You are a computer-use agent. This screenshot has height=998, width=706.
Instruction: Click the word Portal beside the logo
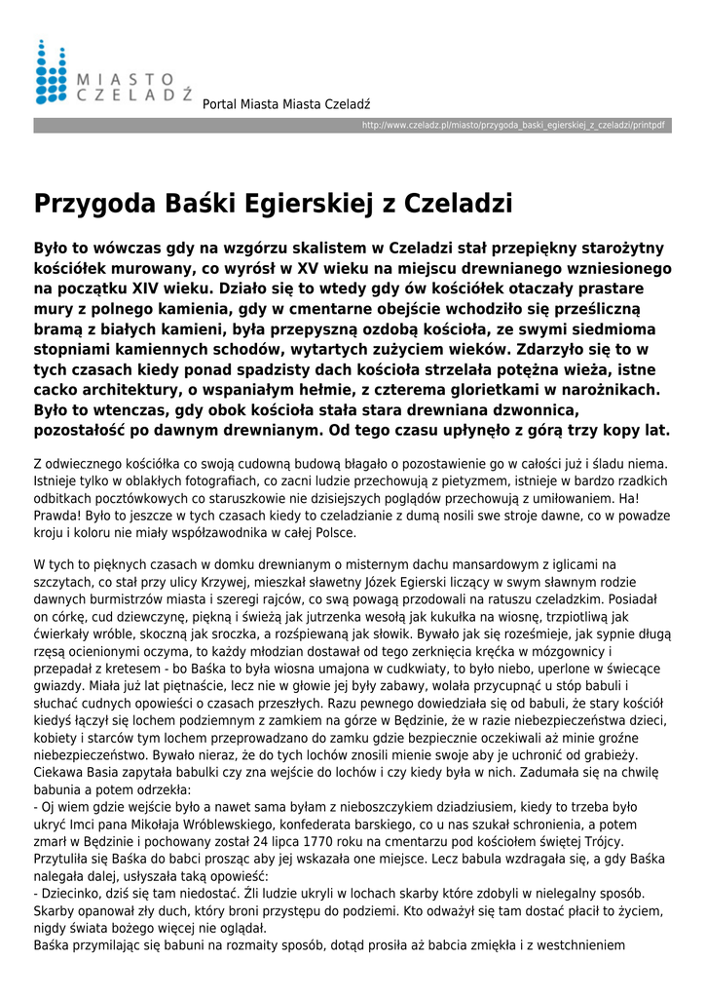220,104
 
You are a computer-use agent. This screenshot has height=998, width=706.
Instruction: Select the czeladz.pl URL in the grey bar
513,126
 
